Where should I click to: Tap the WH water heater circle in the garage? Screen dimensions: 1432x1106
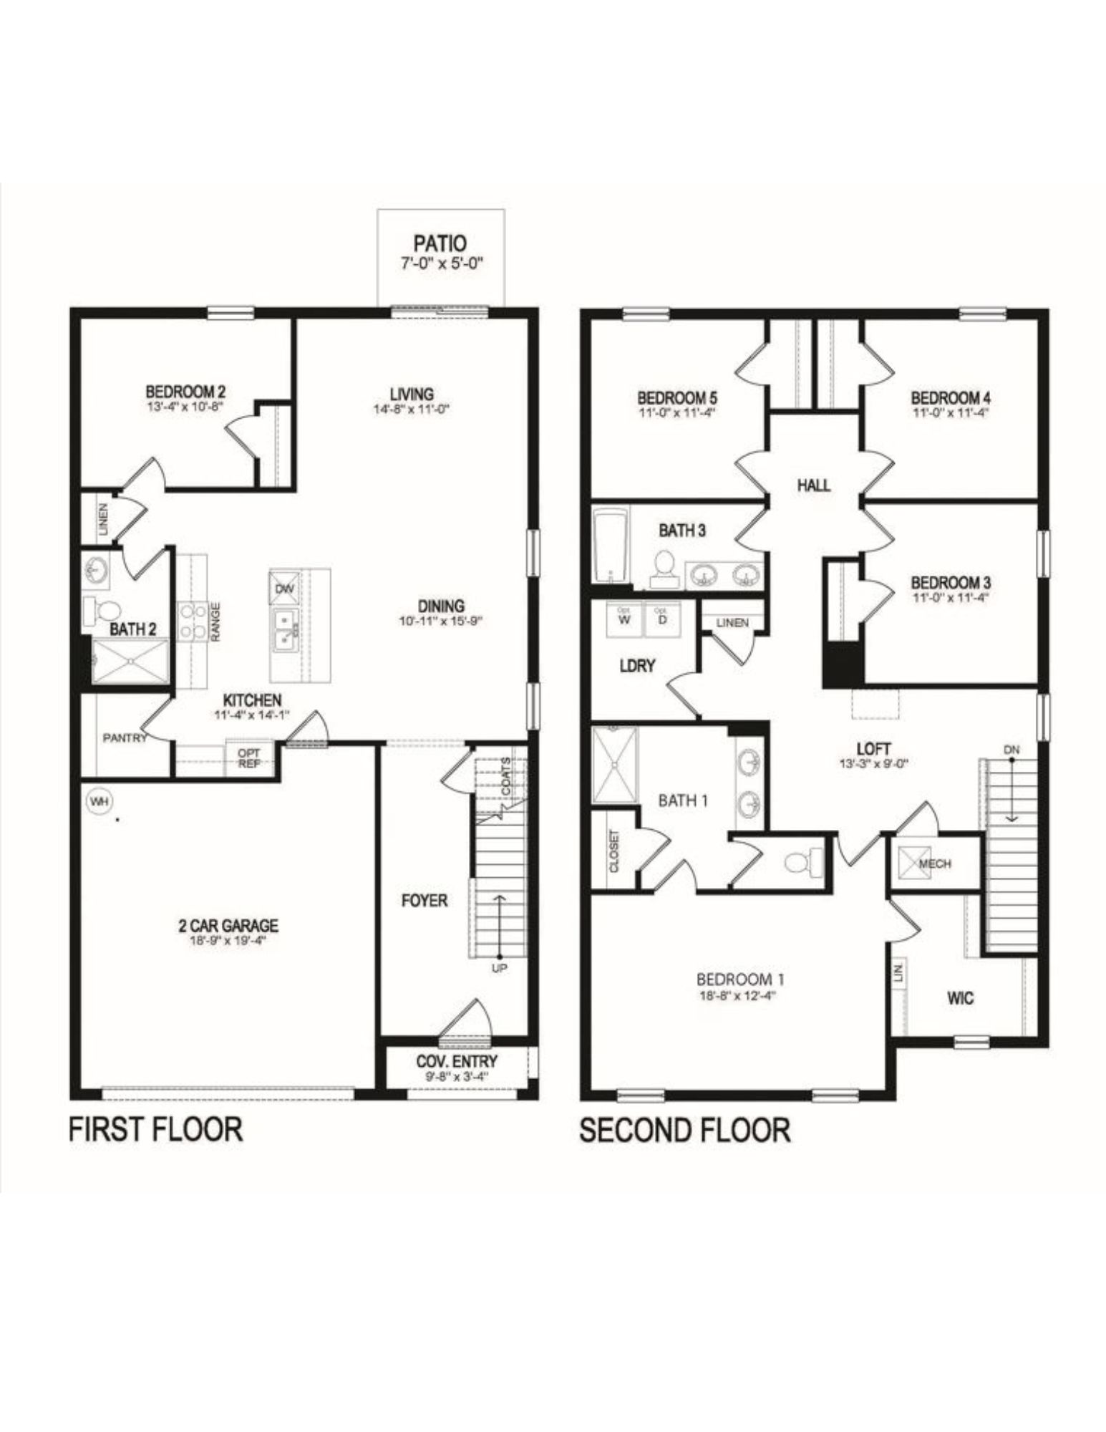99,802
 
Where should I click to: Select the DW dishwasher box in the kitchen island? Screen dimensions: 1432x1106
282,588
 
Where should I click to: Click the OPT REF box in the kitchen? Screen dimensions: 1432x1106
249,758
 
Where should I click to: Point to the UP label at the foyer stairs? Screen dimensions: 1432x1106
500,968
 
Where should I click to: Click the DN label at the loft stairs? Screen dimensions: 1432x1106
1012,749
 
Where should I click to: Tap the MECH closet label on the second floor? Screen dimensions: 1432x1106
933,863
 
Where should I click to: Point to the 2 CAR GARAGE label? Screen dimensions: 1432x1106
228,926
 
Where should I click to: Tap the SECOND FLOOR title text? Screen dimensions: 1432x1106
684,1130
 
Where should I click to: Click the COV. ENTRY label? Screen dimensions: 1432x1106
457,1060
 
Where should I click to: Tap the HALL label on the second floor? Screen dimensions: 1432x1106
814,485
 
